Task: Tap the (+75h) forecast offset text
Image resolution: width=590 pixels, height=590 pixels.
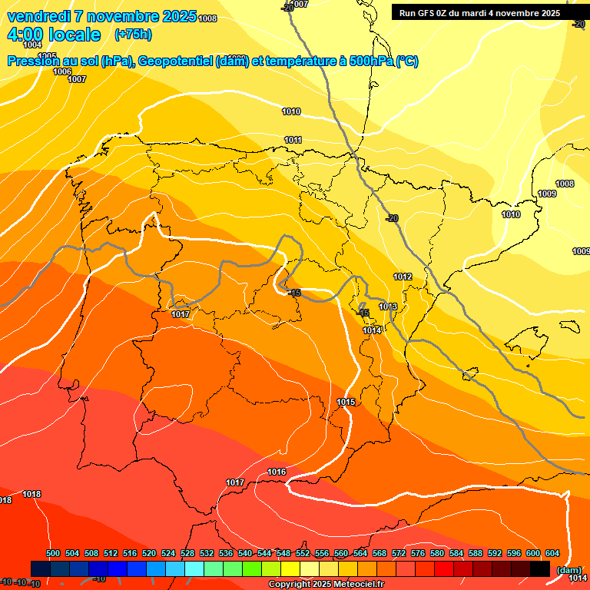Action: tap(133, 34)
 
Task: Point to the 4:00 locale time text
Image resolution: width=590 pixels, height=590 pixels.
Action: tap(54, 35)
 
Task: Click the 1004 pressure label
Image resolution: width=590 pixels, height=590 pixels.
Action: tap(32, 45)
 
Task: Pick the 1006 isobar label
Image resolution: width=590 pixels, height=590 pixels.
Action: tap(62, 71)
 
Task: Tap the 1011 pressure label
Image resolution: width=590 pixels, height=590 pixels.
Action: tap(293, 140)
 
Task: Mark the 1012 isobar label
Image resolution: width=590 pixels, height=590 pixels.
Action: tap(403, 277)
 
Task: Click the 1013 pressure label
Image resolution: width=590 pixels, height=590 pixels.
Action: tap(388, 307)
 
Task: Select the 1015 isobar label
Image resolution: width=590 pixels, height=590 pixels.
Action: tap(346, 402)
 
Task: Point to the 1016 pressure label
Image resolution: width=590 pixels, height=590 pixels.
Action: tap(277, 472)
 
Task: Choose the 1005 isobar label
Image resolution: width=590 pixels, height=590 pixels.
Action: tap(48, 56)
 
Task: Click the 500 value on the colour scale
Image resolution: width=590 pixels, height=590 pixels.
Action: tap(53, 554)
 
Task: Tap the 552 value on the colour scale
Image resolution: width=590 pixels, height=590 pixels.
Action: tap(303, 554)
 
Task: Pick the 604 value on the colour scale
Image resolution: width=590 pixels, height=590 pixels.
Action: tap(552, 554)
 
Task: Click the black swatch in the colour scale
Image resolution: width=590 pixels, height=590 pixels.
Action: tap(540, 568)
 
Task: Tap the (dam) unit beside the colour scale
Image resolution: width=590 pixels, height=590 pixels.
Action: tap(568, 569)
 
